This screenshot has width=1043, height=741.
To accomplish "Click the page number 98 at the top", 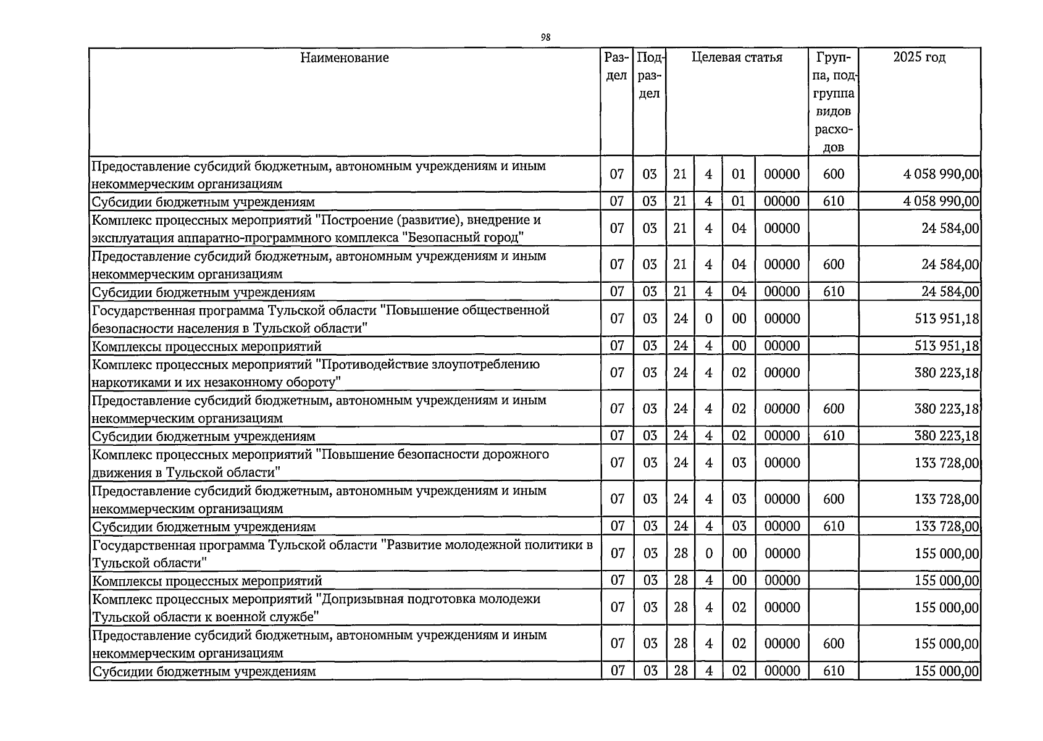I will [545, 38].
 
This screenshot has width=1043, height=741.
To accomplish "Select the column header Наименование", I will [345, 58].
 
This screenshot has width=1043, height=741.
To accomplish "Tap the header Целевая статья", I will [737, 58].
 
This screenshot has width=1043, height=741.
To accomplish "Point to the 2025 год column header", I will [919, 58].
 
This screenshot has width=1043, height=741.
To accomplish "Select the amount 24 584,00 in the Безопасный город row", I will [950, 228].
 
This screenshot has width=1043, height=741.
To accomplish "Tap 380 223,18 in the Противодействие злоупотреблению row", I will [946, 373].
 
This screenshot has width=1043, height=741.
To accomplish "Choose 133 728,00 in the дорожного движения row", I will [946, 463].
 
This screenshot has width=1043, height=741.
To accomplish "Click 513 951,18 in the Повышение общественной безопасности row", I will [946, 319].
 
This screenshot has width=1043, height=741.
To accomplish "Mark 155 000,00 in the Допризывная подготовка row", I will [946, 608].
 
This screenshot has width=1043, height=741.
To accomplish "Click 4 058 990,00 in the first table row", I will [940, 174].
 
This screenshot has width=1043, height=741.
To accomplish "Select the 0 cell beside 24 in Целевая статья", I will [708, 319].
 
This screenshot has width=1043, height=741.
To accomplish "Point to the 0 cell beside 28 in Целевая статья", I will [708, 553].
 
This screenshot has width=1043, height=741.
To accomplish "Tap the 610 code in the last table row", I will [833, 671].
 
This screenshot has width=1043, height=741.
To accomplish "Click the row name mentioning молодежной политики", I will [342, 553].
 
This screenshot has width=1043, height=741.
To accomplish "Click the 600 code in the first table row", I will [833, 174].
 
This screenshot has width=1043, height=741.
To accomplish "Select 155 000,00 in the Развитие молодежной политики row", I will [946, 553].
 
